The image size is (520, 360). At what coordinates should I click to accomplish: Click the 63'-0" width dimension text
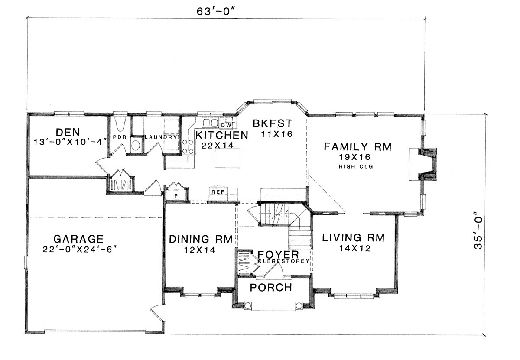coord(216,11)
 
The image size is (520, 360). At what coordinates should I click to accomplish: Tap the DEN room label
coord(68,132)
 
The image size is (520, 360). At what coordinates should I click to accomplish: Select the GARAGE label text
coord(78,239)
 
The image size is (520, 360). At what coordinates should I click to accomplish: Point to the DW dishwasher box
coord(226,125)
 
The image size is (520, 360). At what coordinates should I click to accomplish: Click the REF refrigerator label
coord(218,192)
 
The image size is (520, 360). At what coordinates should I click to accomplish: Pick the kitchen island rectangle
coord(227,158)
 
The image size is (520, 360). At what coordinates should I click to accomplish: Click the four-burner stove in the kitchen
coord(188,146)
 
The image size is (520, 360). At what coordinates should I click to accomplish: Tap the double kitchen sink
coord(210,122)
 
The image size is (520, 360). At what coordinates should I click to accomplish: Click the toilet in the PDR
coord(120,124)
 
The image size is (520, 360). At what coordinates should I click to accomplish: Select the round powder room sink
coord(136,146)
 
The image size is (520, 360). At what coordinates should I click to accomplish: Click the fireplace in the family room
coord(422,164)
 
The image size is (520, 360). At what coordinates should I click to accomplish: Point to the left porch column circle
coord(247,305)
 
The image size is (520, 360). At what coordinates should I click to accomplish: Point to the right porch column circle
coord(299,305)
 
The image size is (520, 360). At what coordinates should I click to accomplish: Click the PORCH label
coord(271,288)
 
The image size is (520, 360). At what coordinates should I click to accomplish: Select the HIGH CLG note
coord(356,166)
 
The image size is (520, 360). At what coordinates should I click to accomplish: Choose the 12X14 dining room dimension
coord(200,250)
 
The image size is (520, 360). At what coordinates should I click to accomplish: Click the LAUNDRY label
coord(161,137)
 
